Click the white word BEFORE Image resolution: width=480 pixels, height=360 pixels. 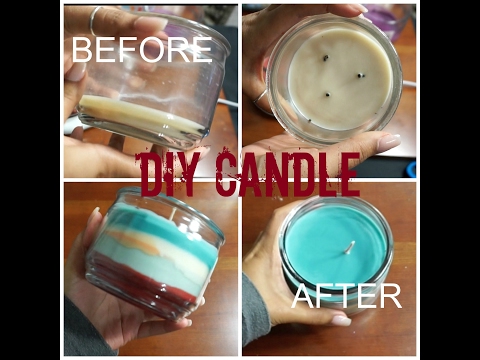141,50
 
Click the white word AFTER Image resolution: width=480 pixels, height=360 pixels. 347,295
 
